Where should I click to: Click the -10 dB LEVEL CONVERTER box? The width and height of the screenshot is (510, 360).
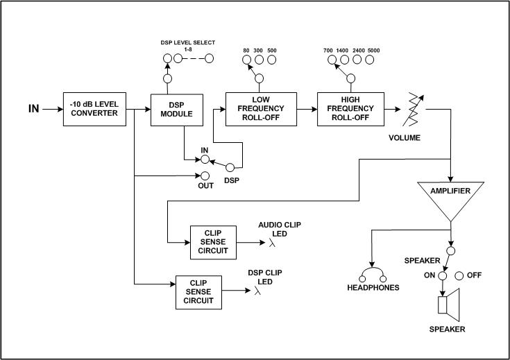(x=95, y=109)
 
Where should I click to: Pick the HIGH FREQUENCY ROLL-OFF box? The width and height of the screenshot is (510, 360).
(x=351, y=109)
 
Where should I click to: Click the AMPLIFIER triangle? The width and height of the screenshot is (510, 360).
(x=451, y=198)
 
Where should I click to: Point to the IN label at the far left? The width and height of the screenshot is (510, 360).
(x=33, y=109)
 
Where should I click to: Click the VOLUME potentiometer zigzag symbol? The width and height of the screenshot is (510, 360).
(x=414, y=109)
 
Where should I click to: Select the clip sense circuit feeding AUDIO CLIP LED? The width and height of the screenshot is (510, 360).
(x=213, y=242)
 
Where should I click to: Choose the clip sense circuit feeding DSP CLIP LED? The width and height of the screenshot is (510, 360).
(x=199, y=292)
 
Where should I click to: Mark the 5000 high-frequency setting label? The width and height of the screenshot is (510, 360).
(x=375, y=51)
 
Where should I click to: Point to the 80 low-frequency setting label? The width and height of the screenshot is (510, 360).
(x=246, y=51)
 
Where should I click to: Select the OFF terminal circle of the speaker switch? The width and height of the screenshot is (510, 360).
(x=459, y=275)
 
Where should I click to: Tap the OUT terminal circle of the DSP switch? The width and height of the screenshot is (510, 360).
(x=205, y=175)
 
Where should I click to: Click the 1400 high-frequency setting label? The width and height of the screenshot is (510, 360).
(x=343, y=51)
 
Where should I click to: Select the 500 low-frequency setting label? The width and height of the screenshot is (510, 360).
(x=271, y=51)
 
